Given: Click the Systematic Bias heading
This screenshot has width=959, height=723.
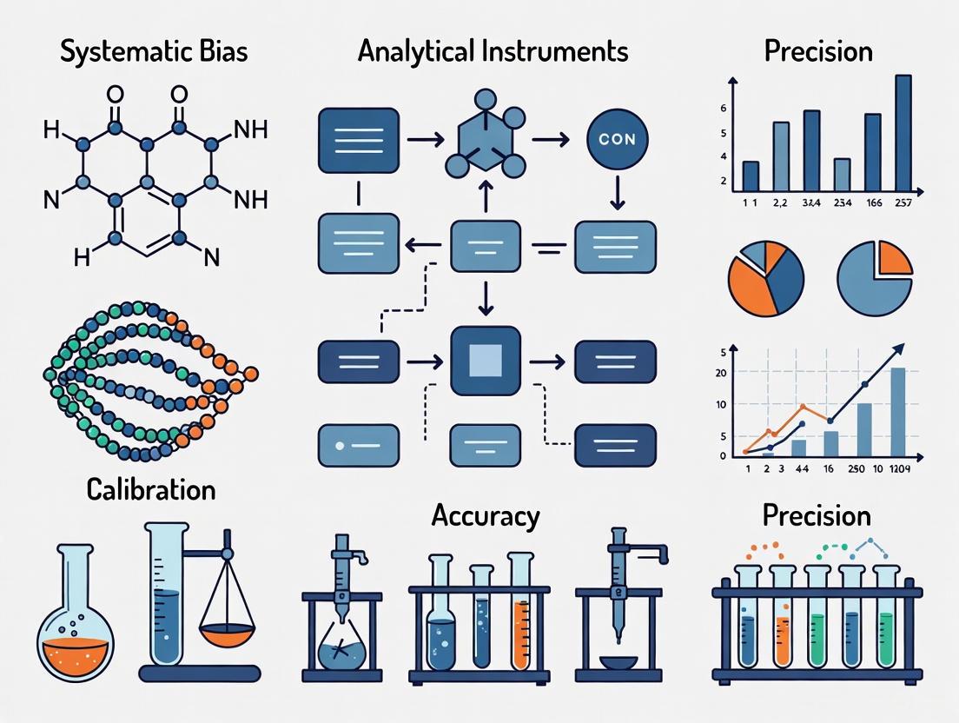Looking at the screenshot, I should click(154, 50).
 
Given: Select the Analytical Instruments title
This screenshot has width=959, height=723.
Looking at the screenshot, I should click(493, 50).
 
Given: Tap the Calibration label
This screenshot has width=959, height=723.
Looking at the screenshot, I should click(151, 489).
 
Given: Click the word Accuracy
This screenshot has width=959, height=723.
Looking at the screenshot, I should click(486, 515).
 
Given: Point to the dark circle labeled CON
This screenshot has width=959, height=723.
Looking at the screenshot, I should click(617, 139).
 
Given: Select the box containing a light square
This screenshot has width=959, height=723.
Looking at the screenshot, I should click(486, 361).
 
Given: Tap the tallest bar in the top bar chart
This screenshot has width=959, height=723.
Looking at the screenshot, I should click(903, 132).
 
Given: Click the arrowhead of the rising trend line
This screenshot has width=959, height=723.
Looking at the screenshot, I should click(897, 348).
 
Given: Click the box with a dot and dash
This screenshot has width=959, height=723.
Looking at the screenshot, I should click(359, 446).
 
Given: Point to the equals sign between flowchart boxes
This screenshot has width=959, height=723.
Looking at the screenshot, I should click(548, 248).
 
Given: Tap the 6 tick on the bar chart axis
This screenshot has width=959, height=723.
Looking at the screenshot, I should click(722, 109).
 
